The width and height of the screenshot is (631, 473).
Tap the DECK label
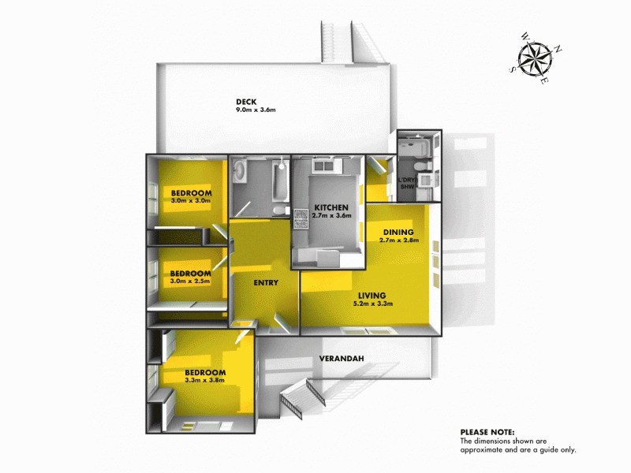tap(247, 101)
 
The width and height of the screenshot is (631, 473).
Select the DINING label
tap(398, 232)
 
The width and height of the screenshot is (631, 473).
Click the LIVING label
tap(374, 295)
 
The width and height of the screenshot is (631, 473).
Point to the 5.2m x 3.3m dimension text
tap(374, 304)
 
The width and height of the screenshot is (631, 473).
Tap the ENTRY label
tap(264, 282)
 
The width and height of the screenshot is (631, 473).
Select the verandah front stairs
tap(296, 402)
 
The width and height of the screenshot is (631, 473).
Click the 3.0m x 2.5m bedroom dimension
tap(192, 281)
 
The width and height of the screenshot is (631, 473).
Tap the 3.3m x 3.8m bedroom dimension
tap(205, 380)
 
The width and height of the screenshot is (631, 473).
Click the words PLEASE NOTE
tap(487, 432)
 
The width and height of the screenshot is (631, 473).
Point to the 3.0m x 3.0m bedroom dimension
tap(192, 202)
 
